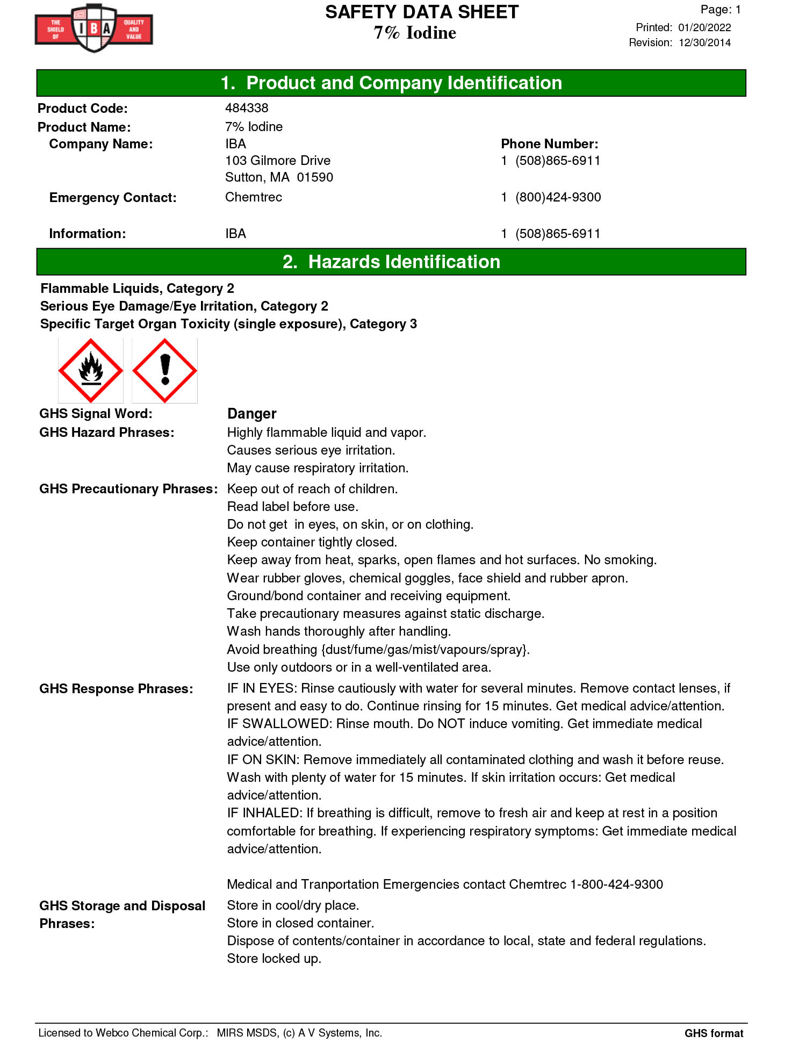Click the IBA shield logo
click(x=94, y=28)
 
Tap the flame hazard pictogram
click(x=91, y=371)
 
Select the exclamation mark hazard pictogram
click(x=165, y=371)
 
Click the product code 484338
click(x=247, y=108)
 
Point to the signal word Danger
click(x=251, y=414)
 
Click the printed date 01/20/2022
click(x=704, y=27)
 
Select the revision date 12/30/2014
click(x=704, y=42)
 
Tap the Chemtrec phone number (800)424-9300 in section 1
click(x=558, y=197)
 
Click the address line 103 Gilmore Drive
click(x=278, y=161)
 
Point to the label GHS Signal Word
click(x=96, y=414)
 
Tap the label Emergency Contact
click(x=113, y=198)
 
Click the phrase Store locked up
click(x=274, y=959)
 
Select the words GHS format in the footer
click(x=714, y=1033)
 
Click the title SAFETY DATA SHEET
click(x=422, y=12)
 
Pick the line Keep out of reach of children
click(x=312, y=489)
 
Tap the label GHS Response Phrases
click(x=116, y=689)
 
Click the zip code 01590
click(x=315, y=177)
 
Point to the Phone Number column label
click(x=549, y=144)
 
